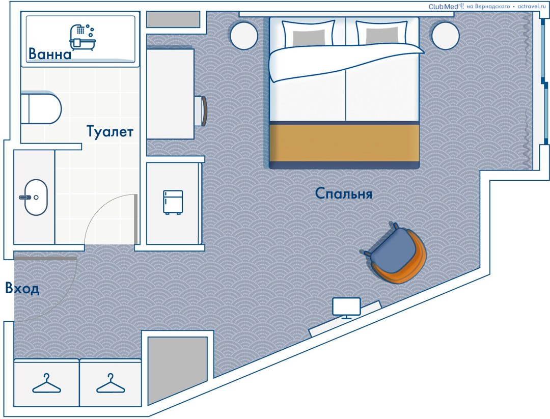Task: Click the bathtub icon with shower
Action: point(83,37)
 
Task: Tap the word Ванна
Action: point(50,54)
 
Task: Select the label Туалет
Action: point(110,132)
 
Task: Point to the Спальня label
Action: point(343,193)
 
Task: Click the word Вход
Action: point(22,288)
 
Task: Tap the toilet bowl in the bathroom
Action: point(41,108)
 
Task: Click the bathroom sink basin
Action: point(36,198)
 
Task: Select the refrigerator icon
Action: point(173,202)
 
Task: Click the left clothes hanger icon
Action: point(47,383)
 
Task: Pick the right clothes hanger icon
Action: point(111,383)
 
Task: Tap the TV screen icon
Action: point(347,308)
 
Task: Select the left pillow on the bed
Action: point(309,34)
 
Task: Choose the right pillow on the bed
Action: point(382,34)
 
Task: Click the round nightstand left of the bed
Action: point(244,36)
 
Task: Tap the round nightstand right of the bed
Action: point(446,36)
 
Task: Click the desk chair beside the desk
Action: point(201,111)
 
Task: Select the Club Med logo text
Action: point(444,6)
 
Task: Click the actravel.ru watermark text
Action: point(532,6)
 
